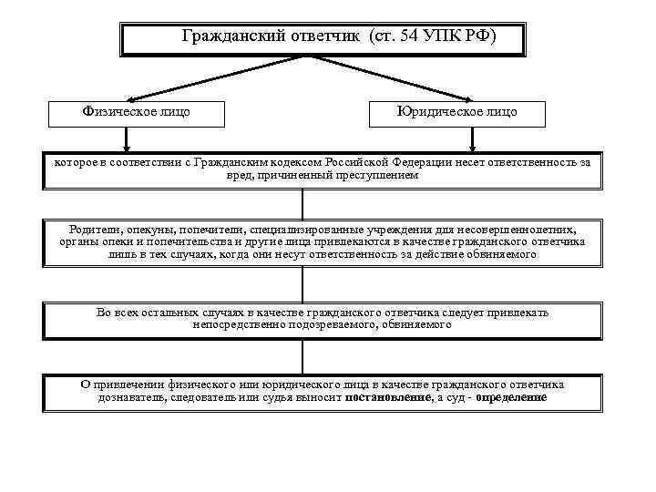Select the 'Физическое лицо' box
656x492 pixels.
point(138,112)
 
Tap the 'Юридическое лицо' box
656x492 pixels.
point(456,112)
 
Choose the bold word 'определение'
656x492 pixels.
point(510,398)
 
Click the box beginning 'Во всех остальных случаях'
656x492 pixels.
point(323,319)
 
